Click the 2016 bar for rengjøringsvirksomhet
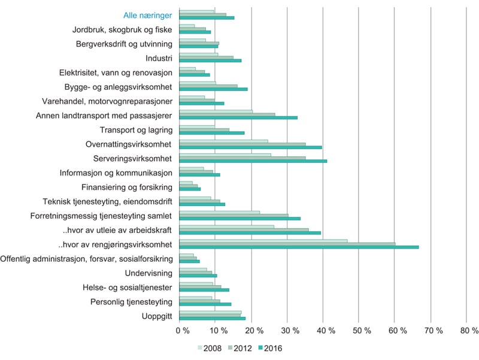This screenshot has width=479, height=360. click(299, 247)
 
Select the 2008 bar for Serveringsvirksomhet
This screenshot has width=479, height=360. click(225, 155)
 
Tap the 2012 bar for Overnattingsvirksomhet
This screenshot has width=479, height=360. click(242, 144)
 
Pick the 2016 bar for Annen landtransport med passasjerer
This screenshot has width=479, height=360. click(238, 117)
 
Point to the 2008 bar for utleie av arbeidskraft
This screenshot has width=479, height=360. click(227, 226)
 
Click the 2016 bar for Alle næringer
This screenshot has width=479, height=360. click(207, 18)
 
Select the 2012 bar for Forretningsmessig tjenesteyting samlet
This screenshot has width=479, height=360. click(234, 216)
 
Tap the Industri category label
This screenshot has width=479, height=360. click(159, 58)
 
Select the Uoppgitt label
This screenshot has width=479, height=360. click(157, 316)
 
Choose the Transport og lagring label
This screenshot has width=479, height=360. click(137, 130)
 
